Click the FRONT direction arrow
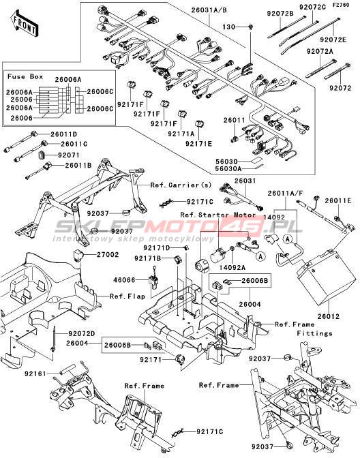[25, 24]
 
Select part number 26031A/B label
[209, 10]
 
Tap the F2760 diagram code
[341, 5]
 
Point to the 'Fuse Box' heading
[25, 76]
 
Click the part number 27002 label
[108, 254]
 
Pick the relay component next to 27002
[78, 255]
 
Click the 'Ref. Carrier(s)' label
[181, 185]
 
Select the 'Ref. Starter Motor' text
[218, 215]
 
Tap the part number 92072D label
[82, 333]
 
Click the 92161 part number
[35, 373]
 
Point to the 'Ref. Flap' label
[127, 296]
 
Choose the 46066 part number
[125, 280]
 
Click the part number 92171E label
[198, 144]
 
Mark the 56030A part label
[228, 168]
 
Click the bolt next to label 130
[251, 27]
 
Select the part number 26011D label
[63, 134]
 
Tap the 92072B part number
[280, 14]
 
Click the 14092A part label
[232, 268]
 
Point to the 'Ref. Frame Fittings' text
[304, 329]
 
